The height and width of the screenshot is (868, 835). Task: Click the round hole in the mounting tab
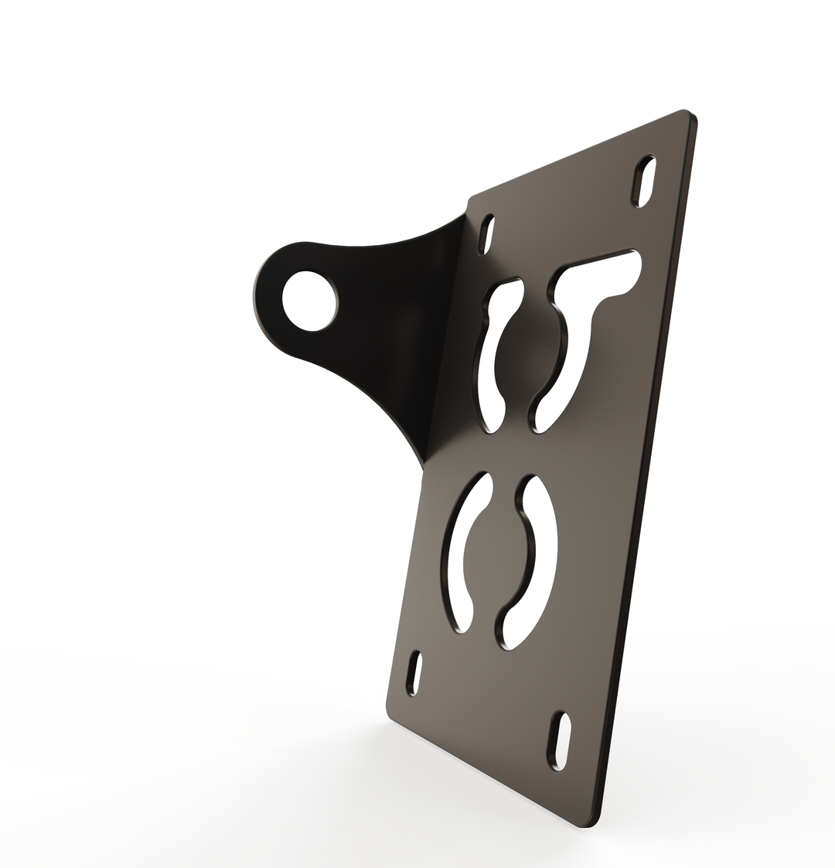coord(309,301)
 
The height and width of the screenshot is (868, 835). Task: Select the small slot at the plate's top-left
coord(486,233)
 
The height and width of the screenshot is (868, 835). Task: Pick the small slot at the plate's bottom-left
coord(415,672)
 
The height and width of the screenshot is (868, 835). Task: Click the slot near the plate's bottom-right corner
coord(560,741)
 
